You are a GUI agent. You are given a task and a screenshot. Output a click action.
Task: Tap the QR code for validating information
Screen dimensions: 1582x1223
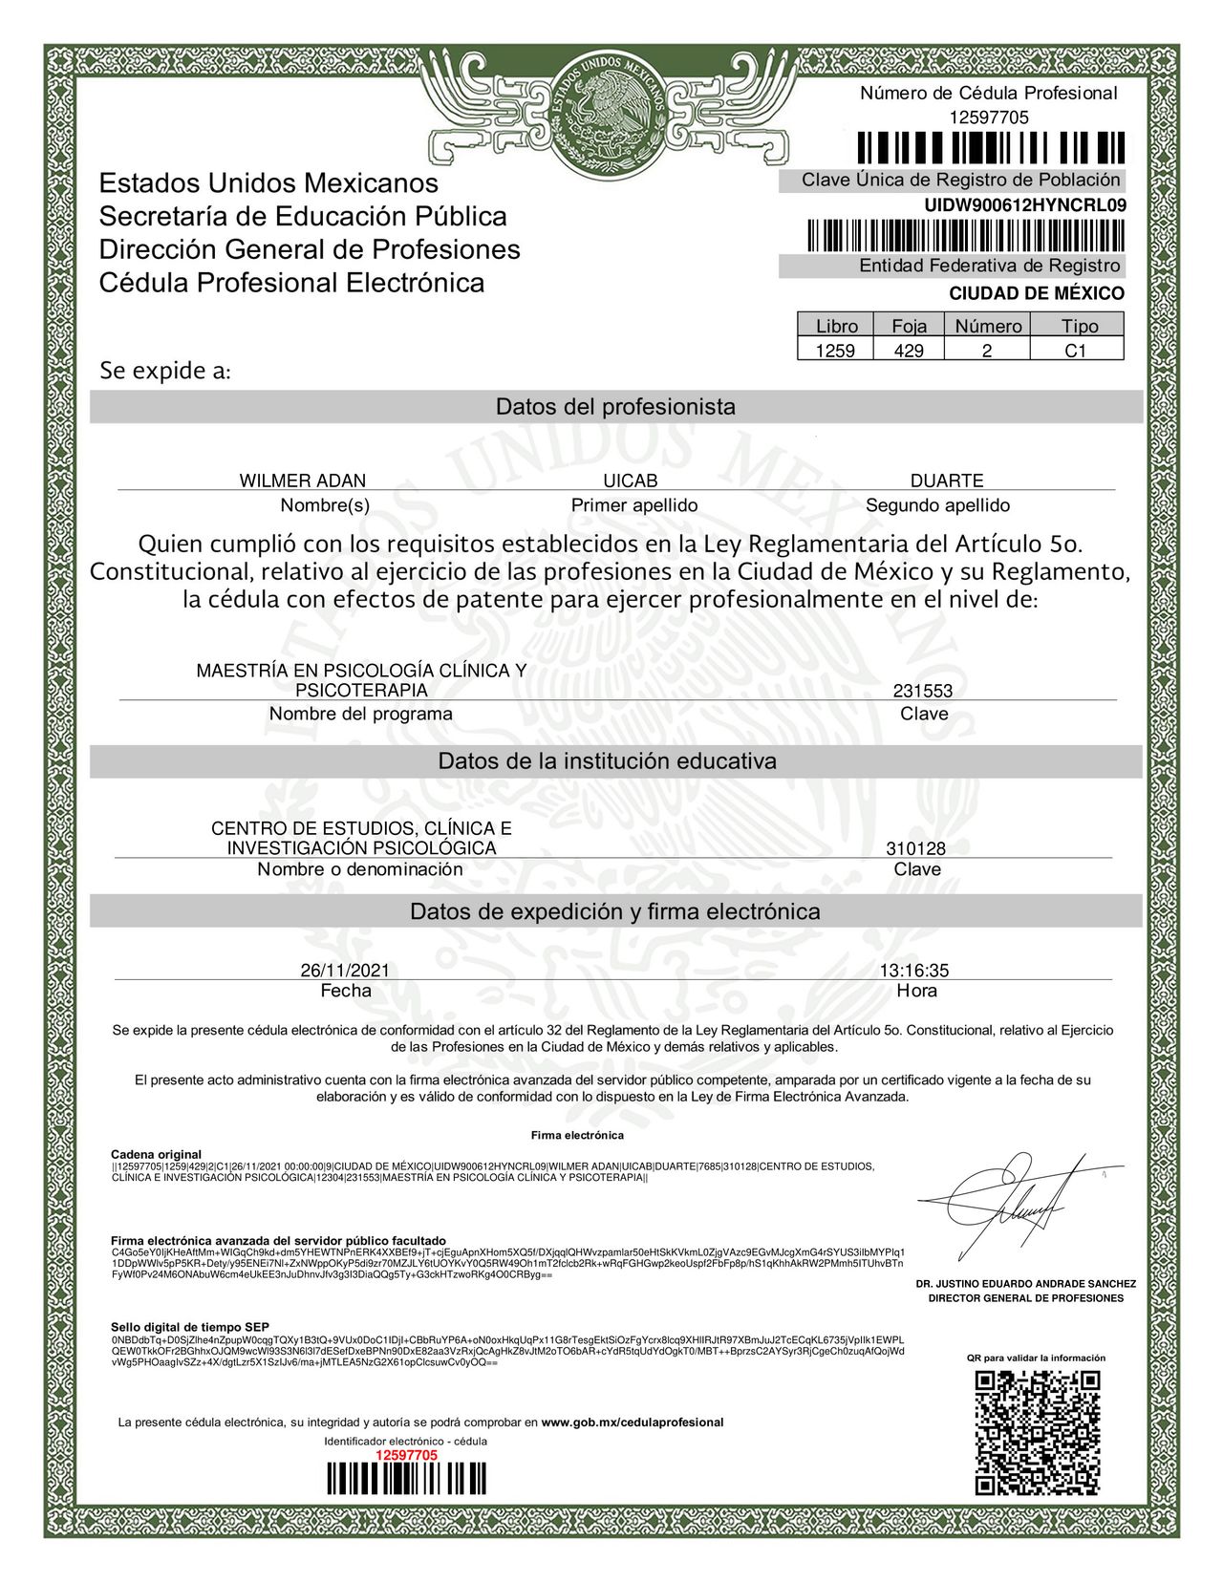[1037, 1432]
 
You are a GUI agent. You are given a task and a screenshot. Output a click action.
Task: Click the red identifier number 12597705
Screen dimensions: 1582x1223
[406, 1455]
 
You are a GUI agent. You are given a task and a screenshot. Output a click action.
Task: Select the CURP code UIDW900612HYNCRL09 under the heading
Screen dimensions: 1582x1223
[1024, 204]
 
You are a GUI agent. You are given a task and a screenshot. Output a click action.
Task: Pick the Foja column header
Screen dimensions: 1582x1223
[909, 326]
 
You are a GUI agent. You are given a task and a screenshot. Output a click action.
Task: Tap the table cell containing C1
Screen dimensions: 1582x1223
[1076, 351]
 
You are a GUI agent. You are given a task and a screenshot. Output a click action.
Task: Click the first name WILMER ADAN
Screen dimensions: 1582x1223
[302, 481]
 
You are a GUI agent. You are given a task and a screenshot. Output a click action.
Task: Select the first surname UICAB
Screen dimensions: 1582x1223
[631, 481]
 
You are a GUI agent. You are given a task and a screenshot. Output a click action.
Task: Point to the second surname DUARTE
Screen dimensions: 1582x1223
[946, 481]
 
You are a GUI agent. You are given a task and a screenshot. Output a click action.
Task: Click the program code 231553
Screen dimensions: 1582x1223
[922, 692]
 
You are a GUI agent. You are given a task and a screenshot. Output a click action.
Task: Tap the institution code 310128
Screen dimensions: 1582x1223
[915, 848]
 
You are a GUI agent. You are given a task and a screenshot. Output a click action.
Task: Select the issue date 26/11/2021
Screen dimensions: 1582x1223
[345, 971]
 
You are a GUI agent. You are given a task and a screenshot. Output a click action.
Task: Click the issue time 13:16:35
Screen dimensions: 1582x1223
[914, 971]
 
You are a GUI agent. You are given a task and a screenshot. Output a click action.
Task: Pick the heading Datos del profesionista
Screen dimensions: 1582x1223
[615, 407]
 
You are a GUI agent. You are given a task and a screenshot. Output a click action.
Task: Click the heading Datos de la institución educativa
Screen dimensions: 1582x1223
[607, 761]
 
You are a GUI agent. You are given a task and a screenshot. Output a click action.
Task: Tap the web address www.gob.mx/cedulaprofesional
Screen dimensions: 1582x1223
[632, 1422]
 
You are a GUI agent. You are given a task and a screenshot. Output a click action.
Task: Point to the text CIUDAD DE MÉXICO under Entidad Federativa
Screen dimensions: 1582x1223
[1036, 293]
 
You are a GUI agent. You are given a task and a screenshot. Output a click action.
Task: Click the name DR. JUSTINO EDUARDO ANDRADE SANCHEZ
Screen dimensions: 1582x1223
[1025, 1284]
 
